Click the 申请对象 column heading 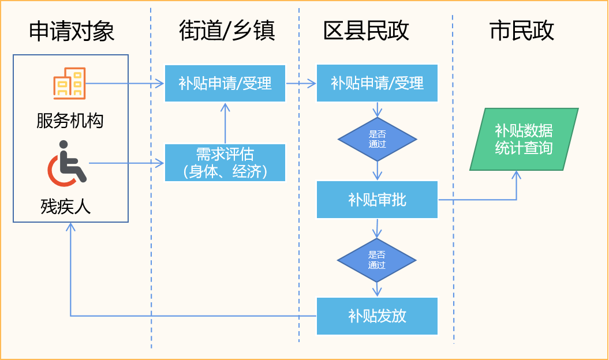[x=72, y=31]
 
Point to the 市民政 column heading [x=522, y=31]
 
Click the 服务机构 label [x=70, y=121]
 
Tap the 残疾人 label [x=66, y=206]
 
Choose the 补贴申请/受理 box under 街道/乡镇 [x=225, y=83]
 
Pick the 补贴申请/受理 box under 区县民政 [x=377, y=83]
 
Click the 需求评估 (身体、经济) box [x=225, y=163]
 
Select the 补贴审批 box [x=377, y=200]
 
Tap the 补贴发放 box [x=377, y=316]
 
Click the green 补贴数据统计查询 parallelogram [x=524, y=139]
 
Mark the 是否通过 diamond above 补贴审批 [x=377, y=139]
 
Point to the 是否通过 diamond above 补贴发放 [x=377, y=260]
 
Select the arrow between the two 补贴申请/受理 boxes [x=301, y=83]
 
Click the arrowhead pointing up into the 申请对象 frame [x=70, y=227]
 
